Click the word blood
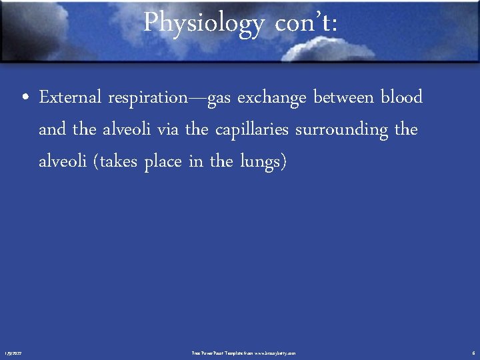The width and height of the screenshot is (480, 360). point(401,97)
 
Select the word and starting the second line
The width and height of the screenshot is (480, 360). point(53,129)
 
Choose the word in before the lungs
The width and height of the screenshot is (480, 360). point(195,162)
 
